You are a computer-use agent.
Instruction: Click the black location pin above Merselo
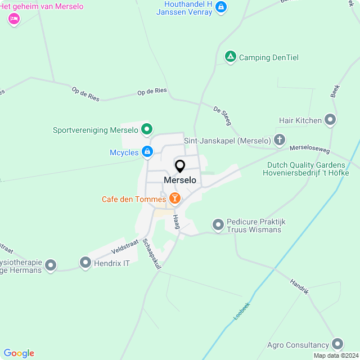180,166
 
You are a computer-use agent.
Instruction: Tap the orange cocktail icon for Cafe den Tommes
175,198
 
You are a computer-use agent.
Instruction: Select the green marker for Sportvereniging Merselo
146,129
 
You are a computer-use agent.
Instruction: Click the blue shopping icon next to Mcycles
147,151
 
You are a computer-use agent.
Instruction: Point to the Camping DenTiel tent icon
230,57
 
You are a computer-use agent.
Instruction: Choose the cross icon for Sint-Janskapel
280,139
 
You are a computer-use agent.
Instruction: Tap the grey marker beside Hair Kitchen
330,120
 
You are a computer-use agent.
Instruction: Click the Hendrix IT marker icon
85,263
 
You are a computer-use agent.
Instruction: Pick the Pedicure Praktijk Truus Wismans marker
218,225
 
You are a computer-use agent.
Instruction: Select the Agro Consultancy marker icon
337,344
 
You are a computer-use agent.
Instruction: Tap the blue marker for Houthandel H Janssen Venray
222,7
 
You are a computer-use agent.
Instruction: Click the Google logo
19,353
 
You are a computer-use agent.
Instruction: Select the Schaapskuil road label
152,255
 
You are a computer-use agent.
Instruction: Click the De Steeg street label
222,115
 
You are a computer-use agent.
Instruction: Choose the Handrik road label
299,287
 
